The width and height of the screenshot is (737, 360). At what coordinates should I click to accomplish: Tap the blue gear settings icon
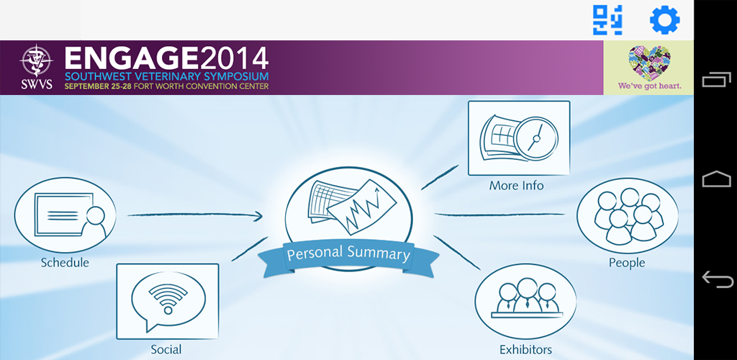664,20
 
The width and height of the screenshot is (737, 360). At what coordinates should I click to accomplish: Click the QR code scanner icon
607,20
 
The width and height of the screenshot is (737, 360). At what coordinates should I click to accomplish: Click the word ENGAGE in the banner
132,58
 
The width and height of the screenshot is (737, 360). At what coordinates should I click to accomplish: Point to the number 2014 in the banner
234,58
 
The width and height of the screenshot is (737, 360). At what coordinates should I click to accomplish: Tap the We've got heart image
648,68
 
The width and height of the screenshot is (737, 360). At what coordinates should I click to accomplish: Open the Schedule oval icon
65,215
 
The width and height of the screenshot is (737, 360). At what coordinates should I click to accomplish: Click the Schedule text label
65,262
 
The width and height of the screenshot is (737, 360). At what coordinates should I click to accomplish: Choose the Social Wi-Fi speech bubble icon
167,301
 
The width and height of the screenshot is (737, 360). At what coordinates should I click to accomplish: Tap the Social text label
166,349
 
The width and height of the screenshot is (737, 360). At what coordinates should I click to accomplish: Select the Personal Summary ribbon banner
348,256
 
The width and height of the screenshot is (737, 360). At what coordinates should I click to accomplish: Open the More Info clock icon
519,138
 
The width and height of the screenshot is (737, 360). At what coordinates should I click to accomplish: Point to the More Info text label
516,186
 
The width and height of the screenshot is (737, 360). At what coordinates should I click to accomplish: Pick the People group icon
628,215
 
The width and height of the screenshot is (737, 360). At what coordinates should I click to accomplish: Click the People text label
627,262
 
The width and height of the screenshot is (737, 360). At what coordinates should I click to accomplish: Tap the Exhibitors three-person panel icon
525,301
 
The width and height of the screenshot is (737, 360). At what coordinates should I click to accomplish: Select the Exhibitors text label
525,350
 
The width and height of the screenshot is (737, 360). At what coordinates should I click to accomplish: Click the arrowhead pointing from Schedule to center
257,216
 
